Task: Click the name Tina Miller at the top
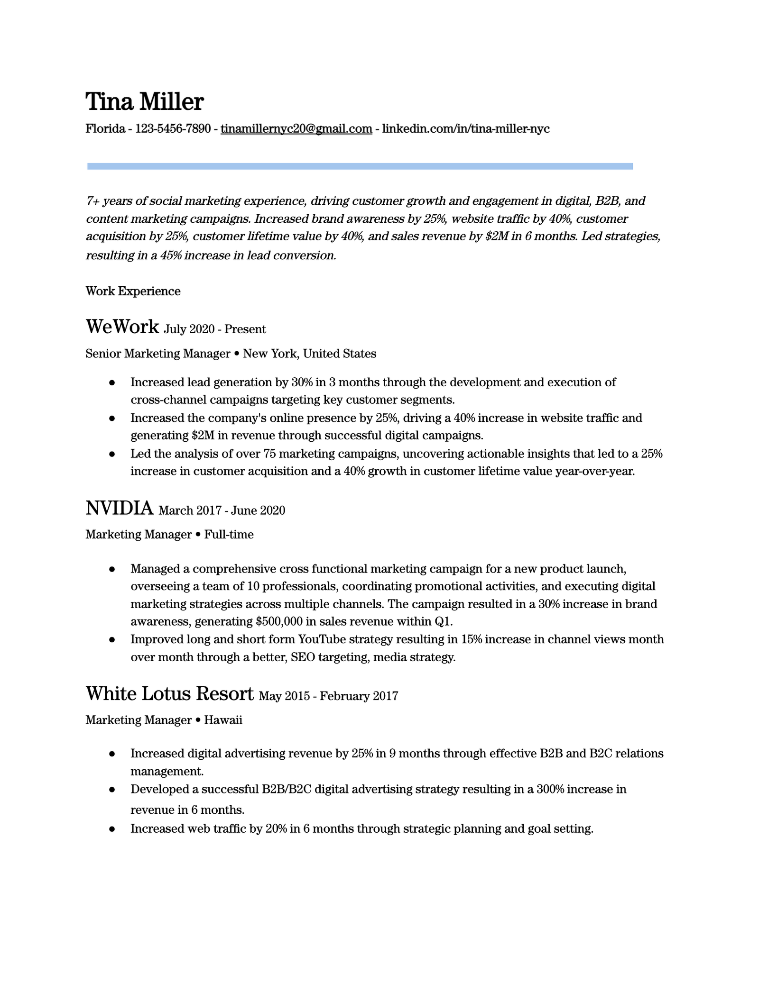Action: point(144,102)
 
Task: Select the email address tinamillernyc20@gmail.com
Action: point(296,128)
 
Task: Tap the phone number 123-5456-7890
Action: point(173,128)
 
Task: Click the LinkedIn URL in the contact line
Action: point(465,128)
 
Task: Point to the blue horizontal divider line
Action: point(360,166)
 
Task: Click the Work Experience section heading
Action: point(133,291)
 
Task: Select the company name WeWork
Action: point(122,327)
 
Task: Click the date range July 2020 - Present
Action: point(214,329)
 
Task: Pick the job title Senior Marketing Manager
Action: point(157,354)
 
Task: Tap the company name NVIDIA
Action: point(119,508)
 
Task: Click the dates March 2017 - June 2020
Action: point(222,510)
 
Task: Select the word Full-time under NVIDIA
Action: point(229,535)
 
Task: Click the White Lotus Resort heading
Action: point(169,693)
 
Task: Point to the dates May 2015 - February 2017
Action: point(328,696)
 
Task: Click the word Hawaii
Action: point(223,720)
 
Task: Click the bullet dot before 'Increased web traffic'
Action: point(112,829)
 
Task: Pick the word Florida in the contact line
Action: point(105,128)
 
